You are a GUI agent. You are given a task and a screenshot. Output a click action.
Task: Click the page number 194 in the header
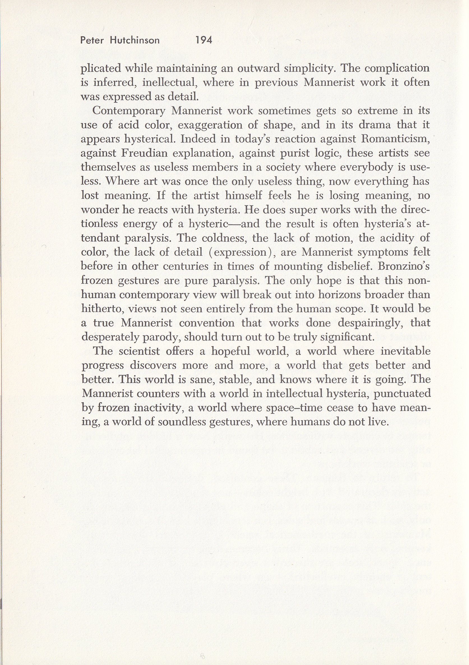coord(204,40)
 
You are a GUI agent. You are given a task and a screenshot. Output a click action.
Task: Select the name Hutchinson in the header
coord(135,40)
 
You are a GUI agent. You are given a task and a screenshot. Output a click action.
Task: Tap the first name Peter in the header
coord(92,40)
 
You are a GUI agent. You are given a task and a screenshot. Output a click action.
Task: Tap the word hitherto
coord(103,309)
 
